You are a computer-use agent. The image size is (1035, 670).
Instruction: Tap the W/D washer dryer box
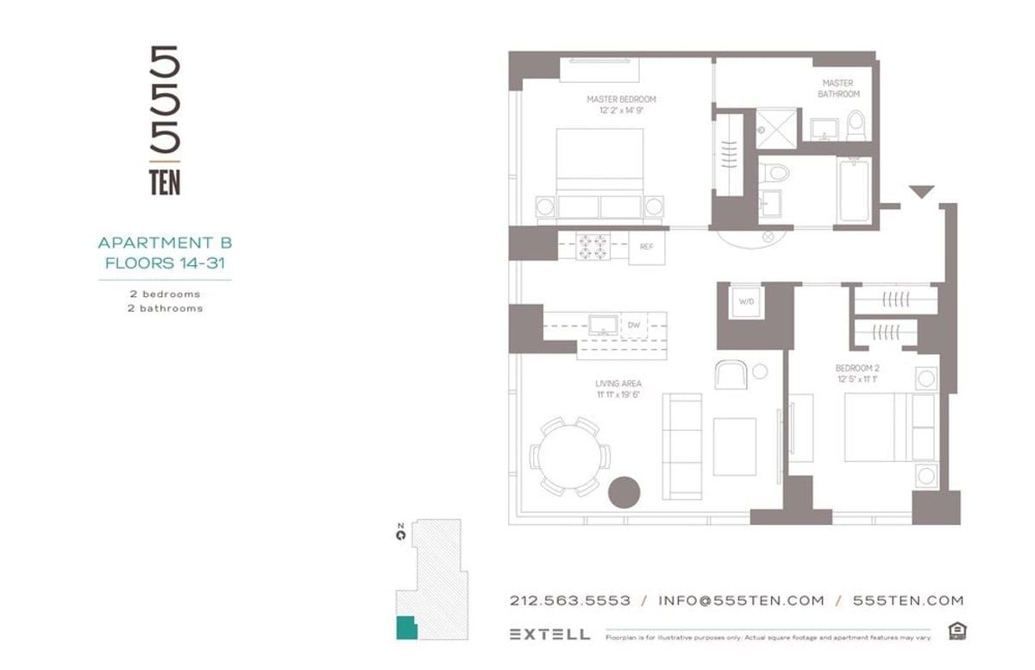click(744, 302)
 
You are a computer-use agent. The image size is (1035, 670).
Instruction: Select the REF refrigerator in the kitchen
click(646, 247)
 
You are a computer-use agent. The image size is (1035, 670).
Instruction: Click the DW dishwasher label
click(633, 325)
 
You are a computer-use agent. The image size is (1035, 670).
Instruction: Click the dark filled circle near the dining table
click(624, 492)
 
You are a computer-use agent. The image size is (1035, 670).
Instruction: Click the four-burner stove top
click(593, 247)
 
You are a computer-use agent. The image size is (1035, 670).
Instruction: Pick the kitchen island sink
click(601, 325)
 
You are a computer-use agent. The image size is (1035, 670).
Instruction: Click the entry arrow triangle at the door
click(921, 192)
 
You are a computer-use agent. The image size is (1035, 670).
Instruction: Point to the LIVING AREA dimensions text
click(618, 395)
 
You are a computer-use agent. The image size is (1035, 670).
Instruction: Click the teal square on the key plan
click(405, 628)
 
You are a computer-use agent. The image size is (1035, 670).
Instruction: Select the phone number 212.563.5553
click(569, 601)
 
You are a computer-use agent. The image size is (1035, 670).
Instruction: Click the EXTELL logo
click(549, 635)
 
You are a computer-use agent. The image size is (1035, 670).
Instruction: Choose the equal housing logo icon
click(956, 632)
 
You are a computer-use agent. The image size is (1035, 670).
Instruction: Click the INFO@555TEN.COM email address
click(741, 601)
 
